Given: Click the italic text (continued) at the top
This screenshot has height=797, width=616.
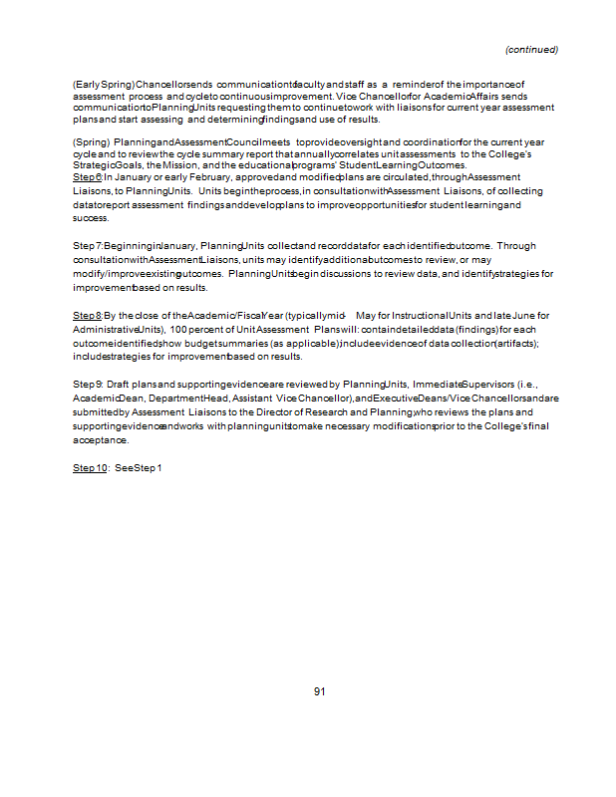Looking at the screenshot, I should (531, 49).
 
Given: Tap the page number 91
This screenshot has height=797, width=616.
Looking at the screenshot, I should (319, 691).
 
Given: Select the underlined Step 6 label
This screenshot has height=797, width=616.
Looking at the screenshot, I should (88, 175).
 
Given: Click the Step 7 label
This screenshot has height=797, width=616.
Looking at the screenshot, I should (88, 245).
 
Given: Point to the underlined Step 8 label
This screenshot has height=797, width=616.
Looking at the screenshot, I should (88, 315).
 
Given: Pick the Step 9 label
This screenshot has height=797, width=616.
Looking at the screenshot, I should (88, 384).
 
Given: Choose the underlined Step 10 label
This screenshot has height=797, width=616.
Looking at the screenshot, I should (90, 467).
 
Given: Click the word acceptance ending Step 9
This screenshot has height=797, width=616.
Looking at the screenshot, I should (100, 439).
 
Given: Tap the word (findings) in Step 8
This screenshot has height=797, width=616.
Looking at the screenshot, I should (477, 329).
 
